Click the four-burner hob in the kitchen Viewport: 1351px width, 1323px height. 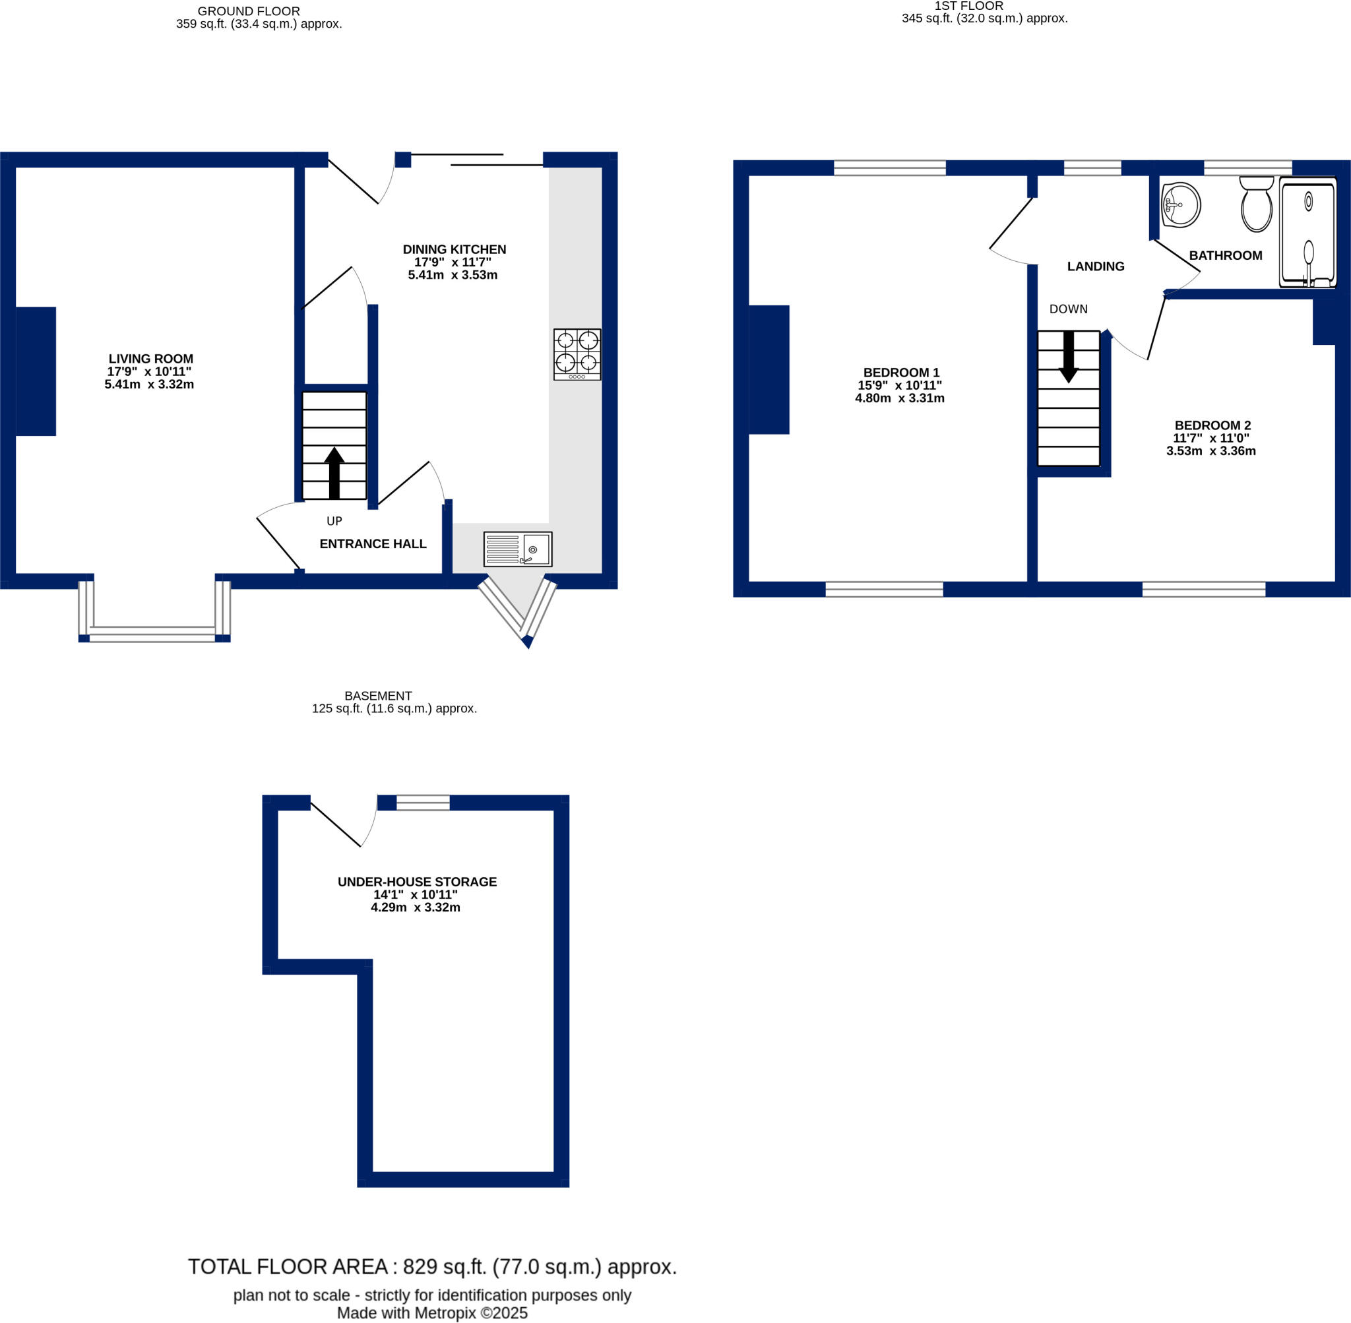point(577,354)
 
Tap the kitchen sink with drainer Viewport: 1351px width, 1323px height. point(518,549)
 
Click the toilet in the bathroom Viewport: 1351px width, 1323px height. point(1256,204)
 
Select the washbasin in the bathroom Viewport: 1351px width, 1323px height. point(1180,205)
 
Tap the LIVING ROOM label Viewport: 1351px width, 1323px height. point(151,359)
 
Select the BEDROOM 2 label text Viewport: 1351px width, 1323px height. point(1212,425)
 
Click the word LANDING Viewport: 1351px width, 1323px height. point(1095,266)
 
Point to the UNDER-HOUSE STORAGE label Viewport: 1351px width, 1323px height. point(417,882)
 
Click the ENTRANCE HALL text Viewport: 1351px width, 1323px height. point(373,543)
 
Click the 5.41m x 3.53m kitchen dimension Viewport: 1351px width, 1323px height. point(453,274)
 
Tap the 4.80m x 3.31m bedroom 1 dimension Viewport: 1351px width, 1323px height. point(899,398)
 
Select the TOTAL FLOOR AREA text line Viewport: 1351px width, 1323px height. point(432,1267)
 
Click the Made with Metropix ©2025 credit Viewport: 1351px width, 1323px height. point(432,1312)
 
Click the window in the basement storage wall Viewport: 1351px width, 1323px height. point(423,803)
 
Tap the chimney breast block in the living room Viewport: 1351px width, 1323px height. point(36,371)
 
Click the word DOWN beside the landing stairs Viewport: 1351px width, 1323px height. point(1068,309)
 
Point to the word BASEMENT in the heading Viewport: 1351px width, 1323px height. point(378,696)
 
